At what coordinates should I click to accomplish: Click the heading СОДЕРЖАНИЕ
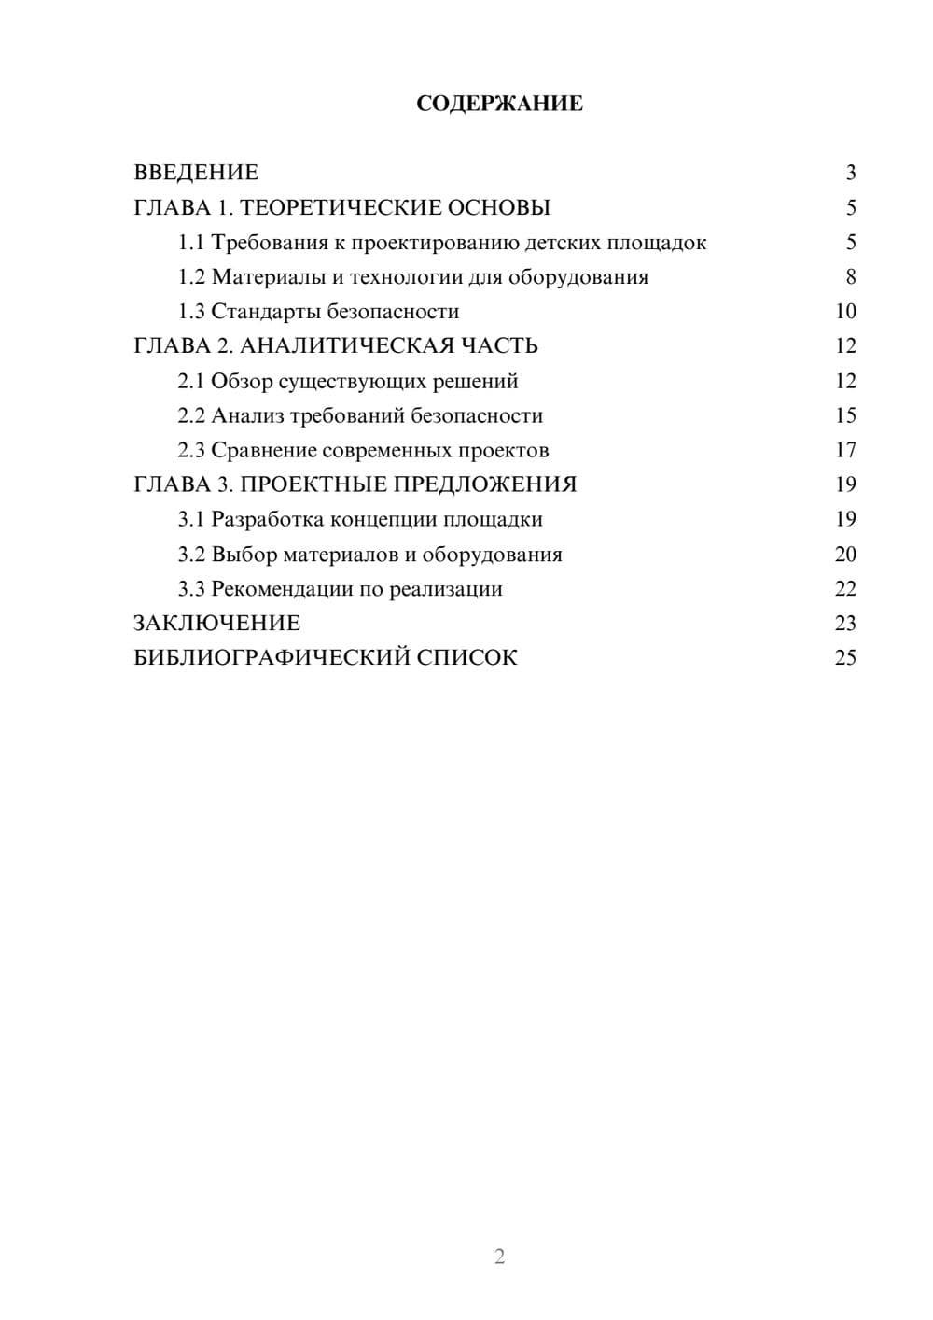point(499,104)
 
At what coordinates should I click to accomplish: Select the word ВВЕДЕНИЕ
point(196,173)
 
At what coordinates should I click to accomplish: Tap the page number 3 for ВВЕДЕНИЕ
point(850,173)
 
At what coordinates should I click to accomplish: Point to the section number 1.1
point(191,243)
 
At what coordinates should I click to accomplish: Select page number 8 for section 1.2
point(850,277)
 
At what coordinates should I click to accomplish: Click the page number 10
point(845,312)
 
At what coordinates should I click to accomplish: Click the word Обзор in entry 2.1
point(242,381)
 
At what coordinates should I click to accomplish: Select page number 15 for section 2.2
point(845,415)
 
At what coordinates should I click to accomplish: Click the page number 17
point(845,450)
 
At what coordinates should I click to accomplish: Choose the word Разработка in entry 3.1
point(270,519)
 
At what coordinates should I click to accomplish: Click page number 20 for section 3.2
point(845,555)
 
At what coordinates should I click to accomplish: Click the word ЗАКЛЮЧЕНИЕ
point(216,624)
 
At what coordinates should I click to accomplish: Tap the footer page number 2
point(499,1257)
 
